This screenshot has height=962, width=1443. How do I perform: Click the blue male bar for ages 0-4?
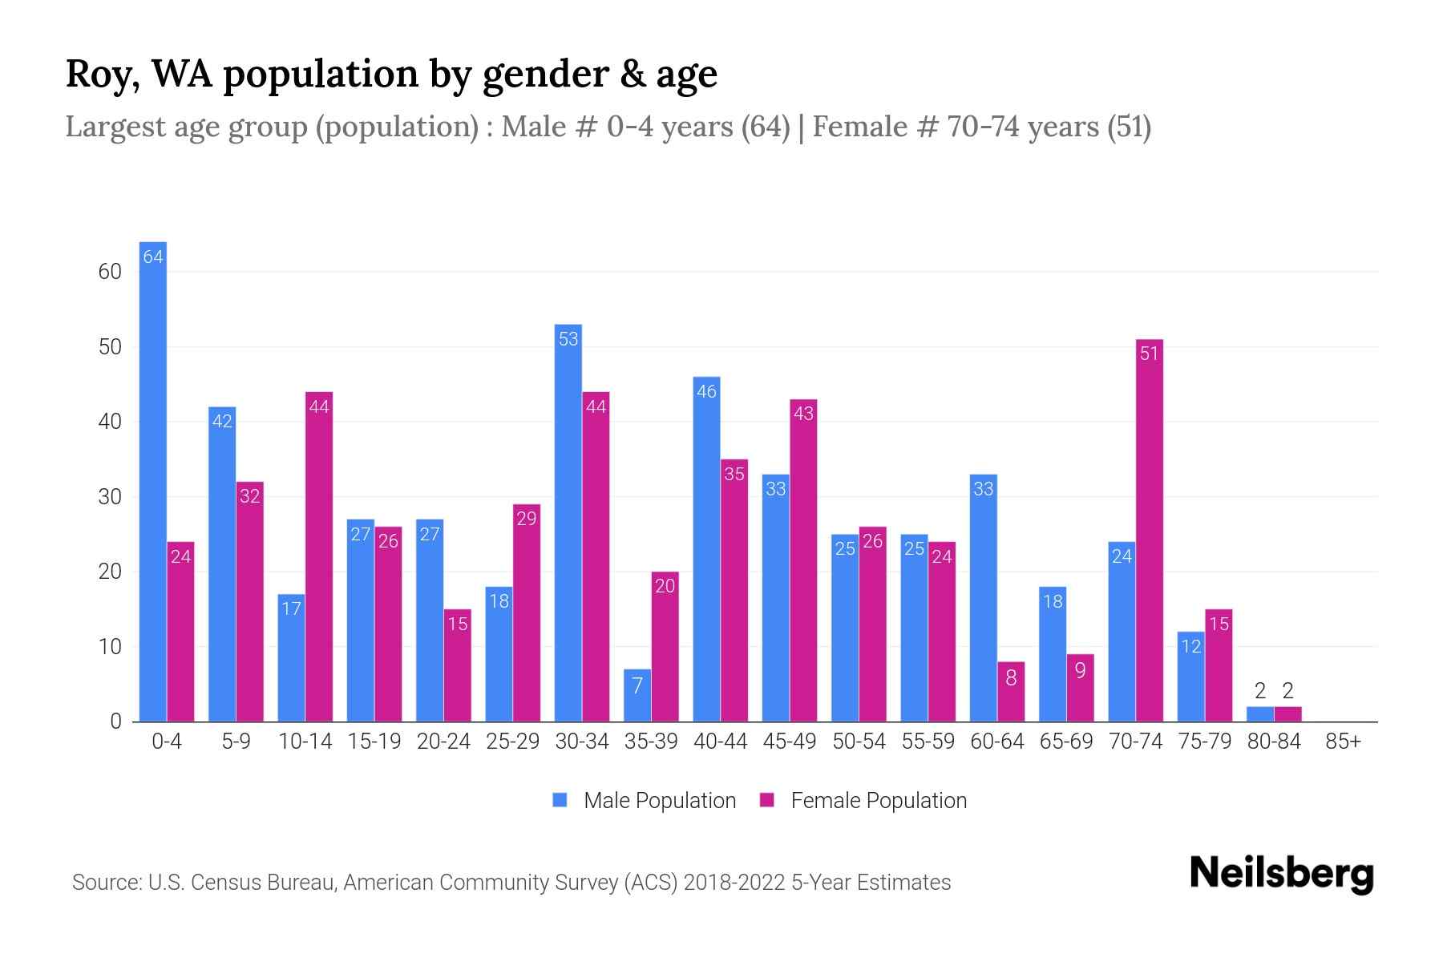click(x=152, y=481)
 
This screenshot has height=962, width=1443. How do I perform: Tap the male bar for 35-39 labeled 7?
click(x=637, y=696)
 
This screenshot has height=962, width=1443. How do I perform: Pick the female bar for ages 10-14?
click(x=319, y=557)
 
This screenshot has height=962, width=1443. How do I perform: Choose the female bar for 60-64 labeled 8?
click(x=1011, y=692)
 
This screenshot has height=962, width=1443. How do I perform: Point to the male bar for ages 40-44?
click(x=706, y=549)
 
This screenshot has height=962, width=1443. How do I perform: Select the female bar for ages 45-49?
click(x=803, y=561)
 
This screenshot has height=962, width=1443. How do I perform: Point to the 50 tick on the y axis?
click(x=110, y=347)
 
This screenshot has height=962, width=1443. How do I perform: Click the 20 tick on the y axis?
click(x=110, y=572)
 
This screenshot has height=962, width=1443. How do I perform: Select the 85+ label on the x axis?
click(x=1343, y=742)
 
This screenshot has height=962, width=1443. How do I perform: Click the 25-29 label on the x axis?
click(x=512, y=742)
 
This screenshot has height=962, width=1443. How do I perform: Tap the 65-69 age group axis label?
click(x=1066, y=742)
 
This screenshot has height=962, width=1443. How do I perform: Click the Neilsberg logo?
click(x=1281, y=874)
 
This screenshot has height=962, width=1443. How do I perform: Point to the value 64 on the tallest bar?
click(x=153, y=257)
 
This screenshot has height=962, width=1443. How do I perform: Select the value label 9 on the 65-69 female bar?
click(x=1080, y=670)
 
